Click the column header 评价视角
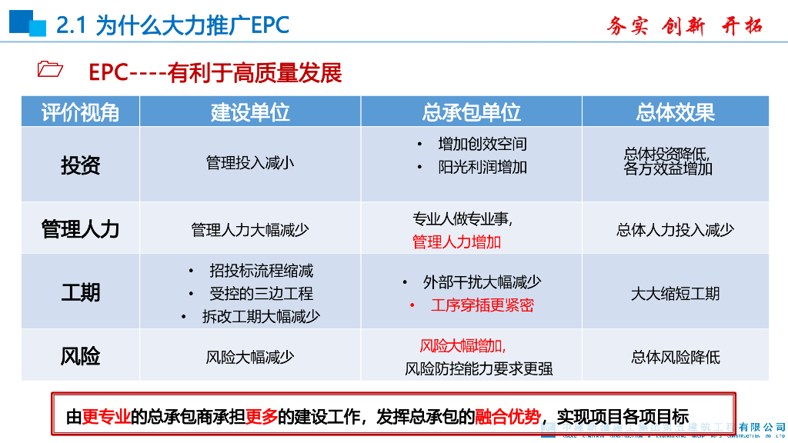pos(80,112)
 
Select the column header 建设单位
pos(250,112)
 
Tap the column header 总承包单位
pos(471,112)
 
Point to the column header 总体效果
pos(675,112)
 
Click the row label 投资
pos(80,165)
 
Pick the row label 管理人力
pos(80,229)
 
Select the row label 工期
pos(80,293)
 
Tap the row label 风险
pos(80,357)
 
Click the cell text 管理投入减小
pos(250,163)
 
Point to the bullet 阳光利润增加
pos(482,167)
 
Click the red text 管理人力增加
pos(456,242)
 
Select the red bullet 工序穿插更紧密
pos(482,305)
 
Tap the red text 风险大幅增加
pos(462,346)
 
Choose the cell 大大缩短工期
pos(675,294)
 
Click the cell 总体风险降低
pos(675,357)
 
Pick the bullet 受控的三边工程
pos(261,294)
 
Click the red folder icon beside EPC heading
pos(50,70)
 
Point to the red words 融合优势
pos(508,417)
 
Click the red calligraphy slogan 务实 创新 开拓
pos(684,25)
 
